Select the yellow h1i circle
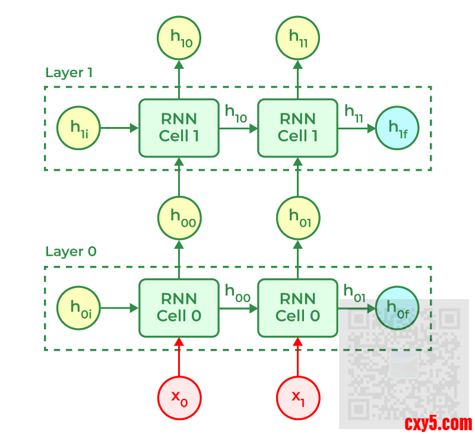click(78, 128)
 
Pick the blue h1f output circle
click(397, 128)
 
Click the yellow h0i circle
click(78, 308)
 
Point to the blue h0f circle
click(397, 308)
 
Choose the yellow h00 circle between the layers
click(179, 217)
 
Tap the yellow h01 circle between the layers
click(298, 217)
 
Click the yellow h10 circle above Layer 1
click(179, 37)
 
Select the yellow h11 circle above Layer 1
click(298, 37)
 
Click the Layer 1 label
click(69, 73)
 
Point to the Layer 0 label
click(71, 252)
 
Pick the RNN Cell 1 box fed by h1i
click(179, 128)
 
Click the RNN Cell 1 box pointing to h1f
click(298, 128)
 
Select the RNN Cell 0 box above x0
click(179, 308)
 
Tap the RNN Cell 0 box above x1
click(298, 308)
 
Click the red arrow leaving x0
click(179, 359)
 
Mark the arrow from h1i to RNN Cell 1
click(119, 128)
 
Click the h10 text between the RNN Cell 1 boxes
click(236, 113)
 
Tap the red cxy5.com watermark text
click(438, 424)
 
